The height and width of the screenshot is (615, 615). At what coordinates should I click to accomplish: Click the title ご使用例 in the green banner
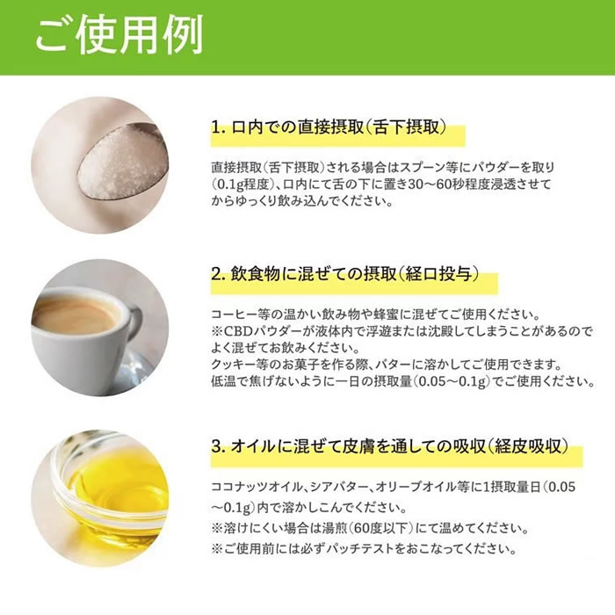click(x=119, y=35)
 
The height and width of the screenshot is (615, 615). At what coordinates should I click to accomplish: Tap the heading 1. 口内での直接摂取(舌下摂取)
click(x=329, y=127)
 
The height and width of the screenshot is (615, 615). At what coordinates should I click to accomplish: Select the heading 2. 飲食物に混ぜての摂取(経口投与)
click(x=345, y=274)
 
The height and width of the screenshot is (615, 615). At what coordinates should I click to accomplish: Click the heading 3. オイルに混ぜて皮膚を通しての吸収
click(x=390, y=446)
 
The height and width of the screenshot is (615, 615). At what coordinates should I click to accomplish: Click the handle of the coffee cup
click(x=134, y=326)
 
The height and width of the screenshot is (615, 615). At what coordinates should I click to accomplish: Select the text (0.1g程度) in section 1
click(x=242, y=184)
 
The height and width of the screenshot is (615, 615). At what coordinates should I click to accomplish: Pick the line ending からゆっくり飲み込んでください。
click(x=302, y=201)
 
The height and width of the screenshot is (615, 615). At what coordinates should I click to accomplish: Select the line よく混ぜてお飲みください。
click(x=286, y=348)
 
